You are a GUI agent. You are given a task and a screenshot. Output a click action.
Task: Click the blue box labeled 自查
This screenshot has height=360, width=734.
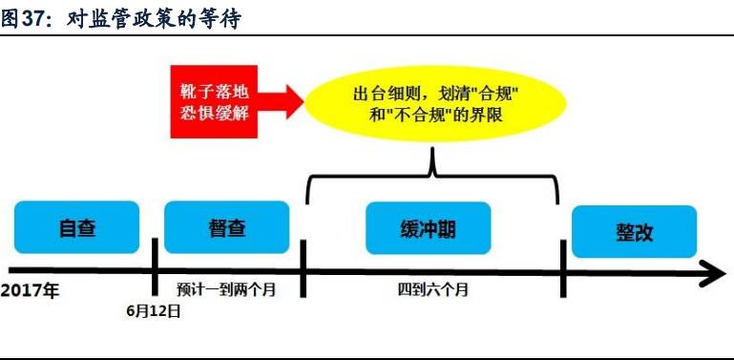pos(77,227)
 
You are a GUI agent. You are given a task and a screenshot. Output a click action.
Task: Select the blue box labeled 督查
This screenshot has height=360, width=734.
pos(226,227)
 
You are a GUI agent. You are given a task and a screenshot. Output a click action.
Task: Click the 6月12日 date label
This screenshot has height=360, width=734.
pos(154,310)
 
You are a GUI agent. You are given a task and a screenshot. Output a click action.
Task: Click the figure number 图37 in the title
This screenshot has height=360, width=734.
pos(26,18)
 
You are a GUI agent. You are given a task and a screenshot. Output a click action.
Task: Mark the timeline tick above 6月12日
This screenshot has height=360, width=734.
pos(155,268)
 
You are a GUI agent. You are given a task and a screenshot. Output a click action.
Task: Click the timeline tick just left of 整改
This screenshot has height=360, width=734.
pos(564,268)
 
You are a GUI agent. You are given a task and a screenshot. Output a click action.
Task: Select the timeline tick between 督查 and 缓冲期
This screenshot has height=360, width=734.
pos(303,268)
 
